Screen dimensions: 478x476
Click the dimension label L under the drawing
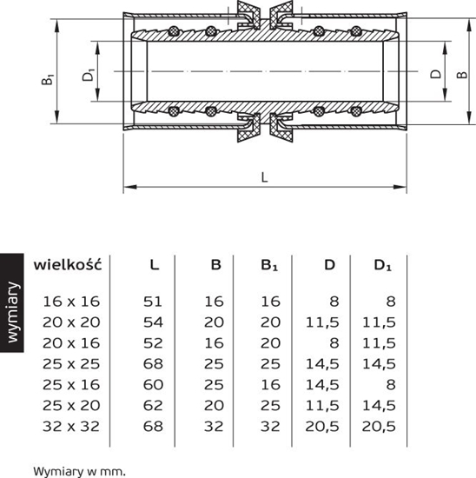263,176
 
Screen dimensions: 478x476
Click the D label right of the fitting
435,74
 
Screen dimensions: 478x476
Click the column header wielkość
68,264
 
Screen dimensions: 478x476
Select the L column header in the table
154,264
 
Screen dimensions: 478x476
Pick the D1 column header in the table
383,264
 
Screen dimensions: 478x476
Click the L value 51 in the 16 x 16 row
153,300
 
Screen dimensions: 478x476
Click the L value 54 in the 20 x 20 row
153,320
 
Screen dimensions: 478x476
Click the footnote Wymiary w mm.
79,470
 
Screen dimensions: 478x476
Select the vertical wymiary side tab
12,315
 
